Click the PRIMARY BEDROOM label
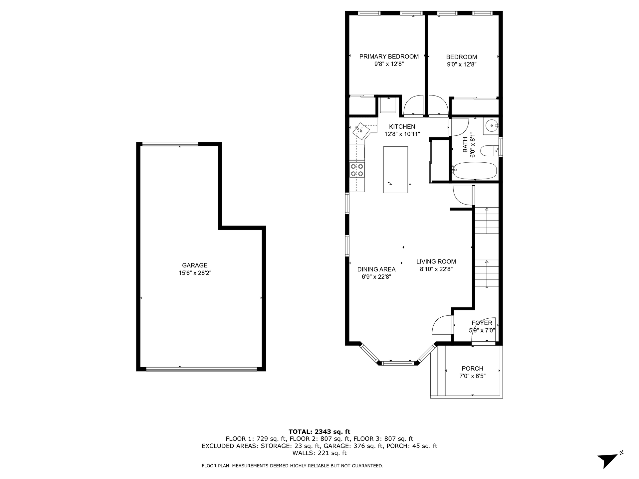(389, 57)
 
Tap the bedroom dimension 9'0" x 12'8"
(461, 65)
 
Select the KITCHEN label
(402, 127)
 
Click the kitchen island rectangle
(395, 170)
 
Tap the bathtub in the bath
(475, 171)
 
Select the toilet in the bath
(490, 151)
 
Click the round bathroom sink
(491, 126)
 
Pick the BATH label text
(465, 145)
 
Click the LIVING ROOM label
(436, 262)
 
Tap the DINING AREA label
(376, 269)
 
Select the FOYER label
(482, 323)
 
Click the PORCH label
(472, 369)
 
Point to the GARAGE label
(195, 265)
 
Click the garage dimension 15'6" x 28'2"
(195, 273)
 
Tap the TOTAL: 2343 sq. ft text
(319, 432)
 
